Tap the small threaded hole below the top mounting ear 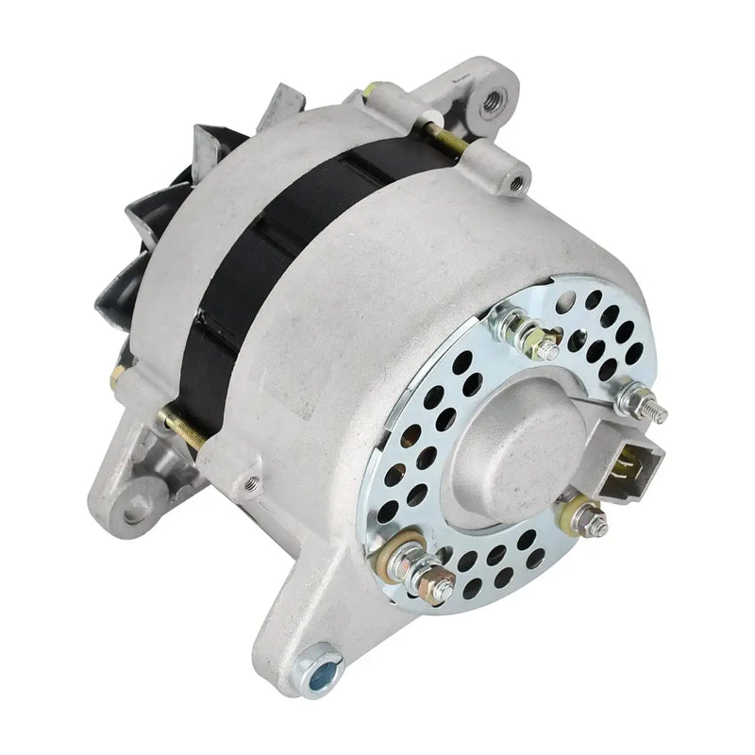516,180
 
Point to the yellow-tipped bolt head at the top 371,91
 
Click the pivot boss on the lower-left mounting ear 136,501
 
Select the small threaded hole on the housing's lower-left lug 251,484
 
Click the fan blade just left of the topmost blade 212,146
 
